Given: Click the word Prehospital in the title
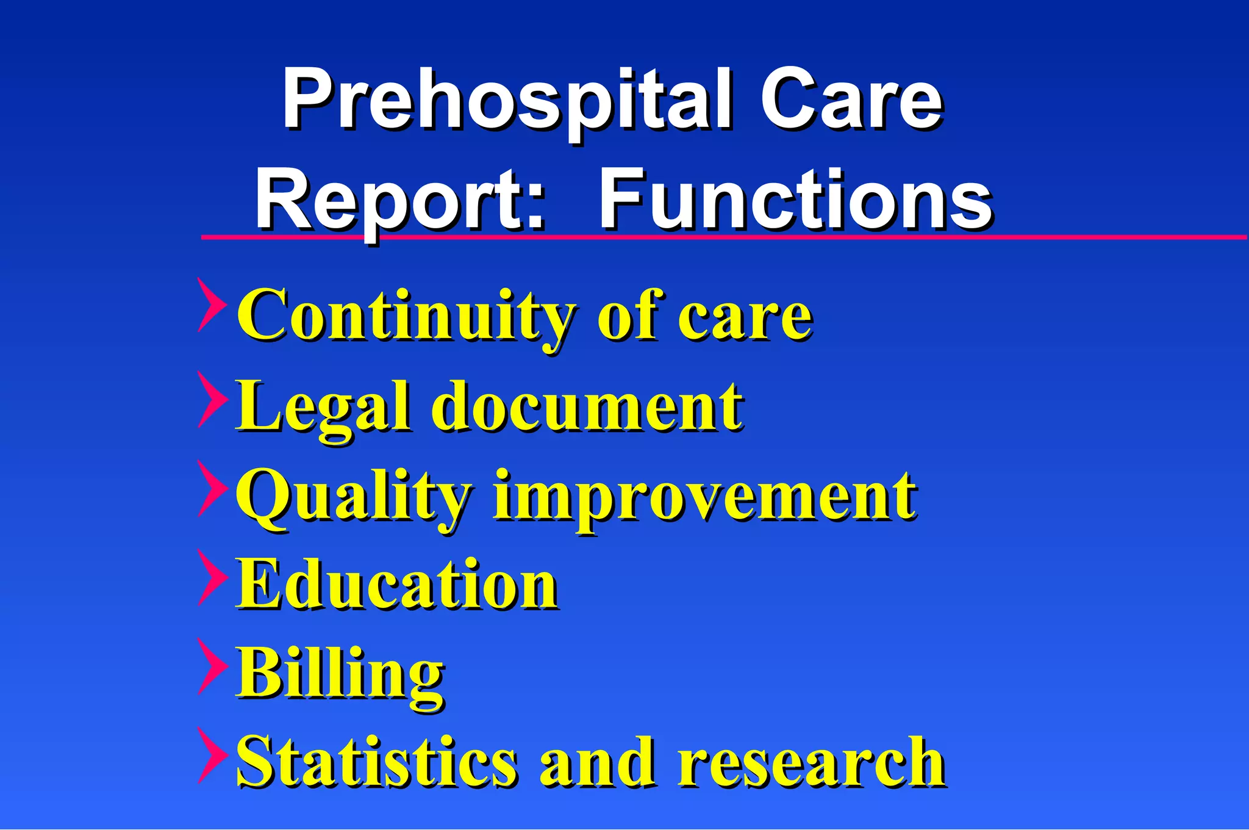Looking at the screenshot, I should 506,101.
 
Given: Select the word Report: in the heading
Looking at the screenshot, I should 399,201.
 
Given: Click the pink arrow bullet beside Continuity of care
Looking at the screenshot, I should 211,305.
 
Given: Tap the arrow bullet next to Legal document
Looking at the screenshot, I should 211,400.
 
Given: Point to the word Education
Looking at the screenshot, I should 396,585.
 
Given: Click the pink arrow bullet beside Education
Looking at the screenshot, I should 211,577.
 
